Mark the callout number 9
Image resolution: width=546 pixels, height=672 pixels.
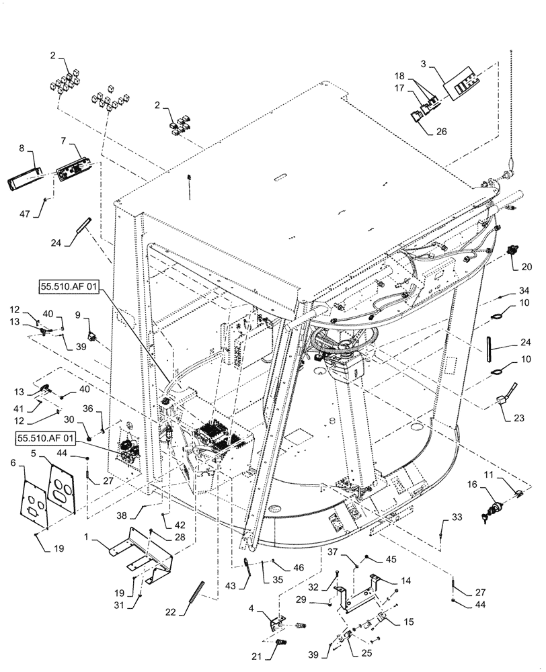pos(77,313)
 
